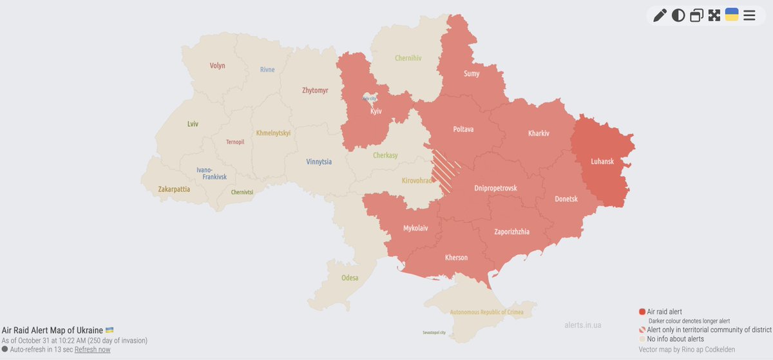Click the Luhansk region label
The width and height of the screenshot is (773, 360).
coord(602,161)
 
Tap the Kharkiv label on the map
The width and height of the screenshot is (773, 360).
coord(539,133)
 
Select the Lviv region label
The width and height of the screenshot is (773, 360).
coord(193,124)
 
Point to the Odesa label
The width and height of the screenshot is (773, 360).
coord(350,278)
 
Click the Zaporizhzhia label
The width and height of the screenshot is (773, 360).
coord(511,232)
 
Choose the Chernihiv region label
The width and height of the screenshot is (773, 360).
coord(408,58)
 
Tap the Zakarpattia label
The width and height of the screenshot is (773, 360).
coord(174,189)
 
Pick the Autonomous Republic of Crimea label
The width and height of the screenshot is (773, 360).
coord(486,312)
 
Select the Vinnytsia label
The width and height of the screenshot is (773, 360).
coord(319,162)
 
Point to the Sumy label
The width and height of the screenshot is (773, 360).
coord(472,74)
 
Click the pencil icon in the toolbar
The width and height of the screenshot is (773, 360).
coord(660,15)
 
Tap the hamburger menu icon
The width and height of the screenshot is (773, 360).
coord(749,15)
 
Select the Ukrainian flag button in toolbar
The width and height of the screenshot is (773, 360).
coord(732,15)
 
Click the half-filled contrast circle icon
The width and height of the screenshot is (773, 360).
coord(678,15)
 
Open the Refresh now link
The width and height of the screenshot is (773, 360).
coord(92,349)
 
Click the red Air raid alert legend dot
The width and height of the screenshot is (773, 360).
coord(642,312)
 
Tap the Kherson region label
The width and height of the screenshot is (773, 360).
coord(456,258)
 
